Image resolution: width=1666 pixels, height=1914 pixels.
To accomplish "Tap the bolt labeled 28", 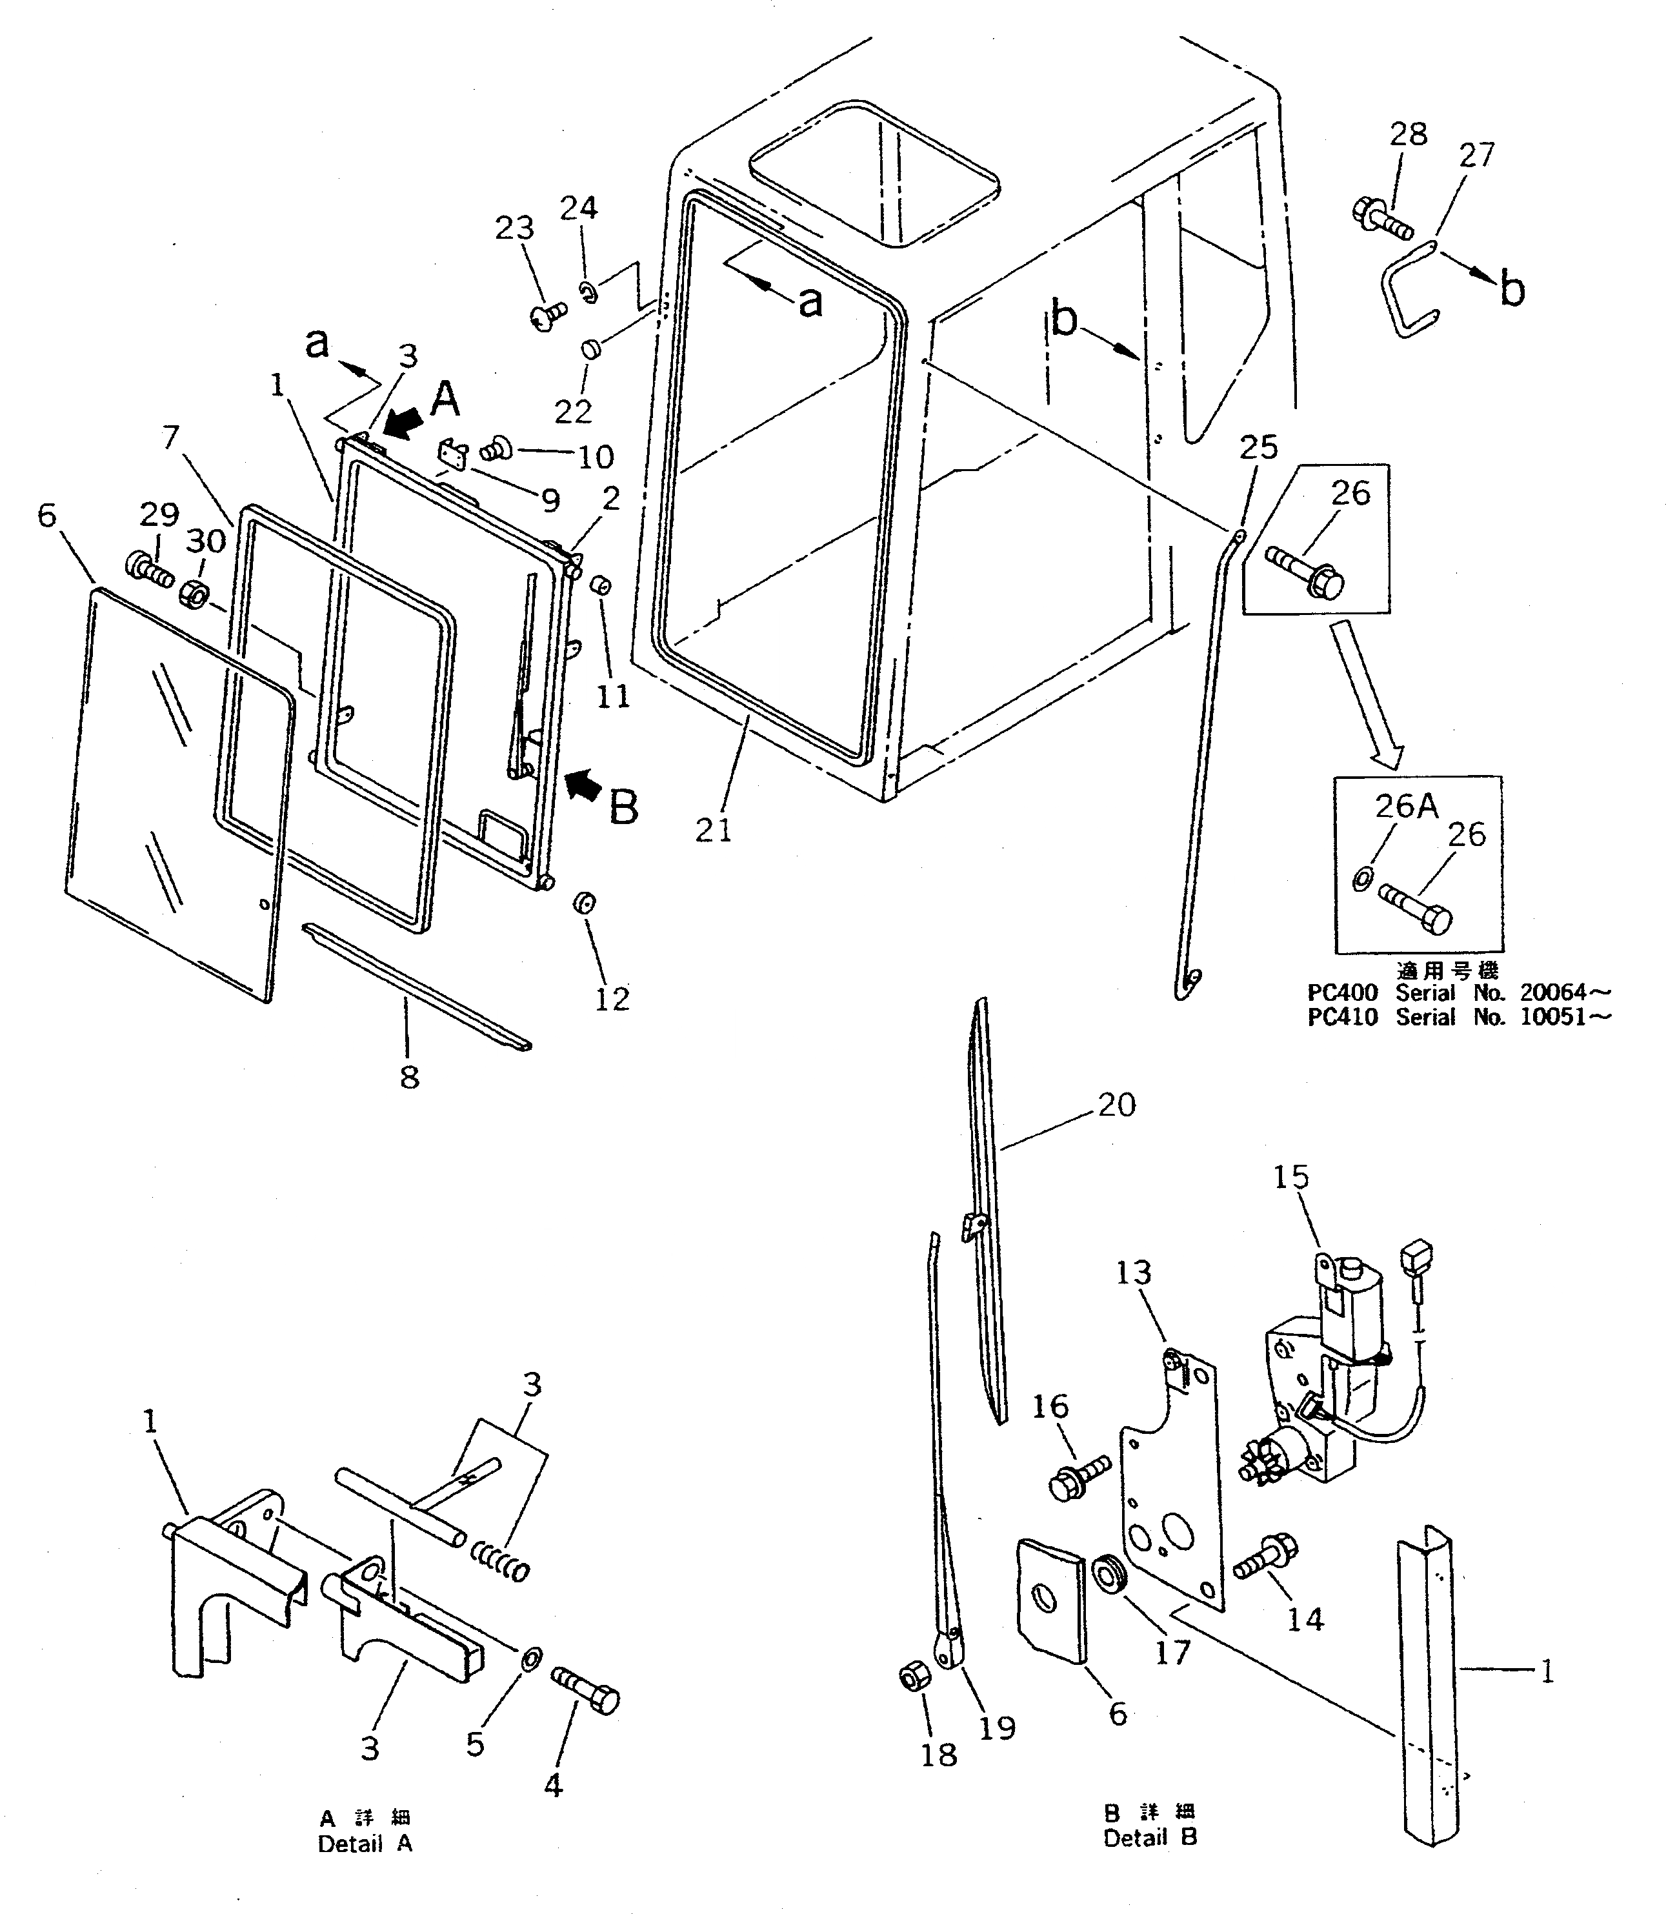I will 1381,217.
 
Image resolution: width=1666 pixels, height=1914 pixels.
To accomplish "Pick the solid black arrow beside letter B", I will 583,787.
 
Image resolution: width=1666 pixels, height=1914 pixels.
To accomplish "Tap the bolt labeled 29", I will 148,569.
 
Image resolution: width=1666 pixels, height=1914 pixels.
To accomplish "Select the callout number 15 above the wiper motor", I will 1290,1177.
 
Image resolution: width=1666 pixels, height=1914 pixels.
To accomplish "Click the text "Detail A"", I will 365,1844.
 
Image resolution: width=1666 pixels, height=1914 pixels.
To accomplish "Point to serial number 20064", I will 1552,992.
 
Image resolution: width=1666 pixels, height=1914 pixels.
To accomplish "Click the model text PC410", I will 1341,1017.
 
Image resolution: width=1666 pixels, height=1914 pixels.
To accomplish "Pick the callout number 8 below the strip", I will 409,1078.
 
